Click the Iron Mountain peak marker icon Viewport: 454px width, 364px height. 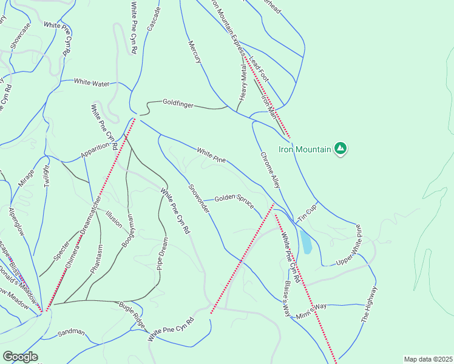click(x=341, y=149)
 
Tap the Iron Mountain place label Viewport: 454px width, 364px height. click(x=305, y=149)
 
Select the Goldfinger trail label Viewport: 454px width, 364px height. click(x=178, y=104)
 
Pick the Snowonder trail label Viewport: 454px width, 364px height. click(x=198, y=198)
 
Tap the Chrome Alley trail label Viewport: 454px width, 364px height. click(x=271, y=169)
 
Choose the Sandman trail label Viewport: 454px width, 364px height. click(x=71, y=333)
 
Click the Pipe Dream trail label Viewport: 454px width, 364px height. click(x=162, y=253)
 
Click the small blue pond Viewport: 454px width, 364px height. click(x=307, y=241)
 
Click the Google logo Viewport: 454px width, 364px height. click(x=19, y=357)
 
